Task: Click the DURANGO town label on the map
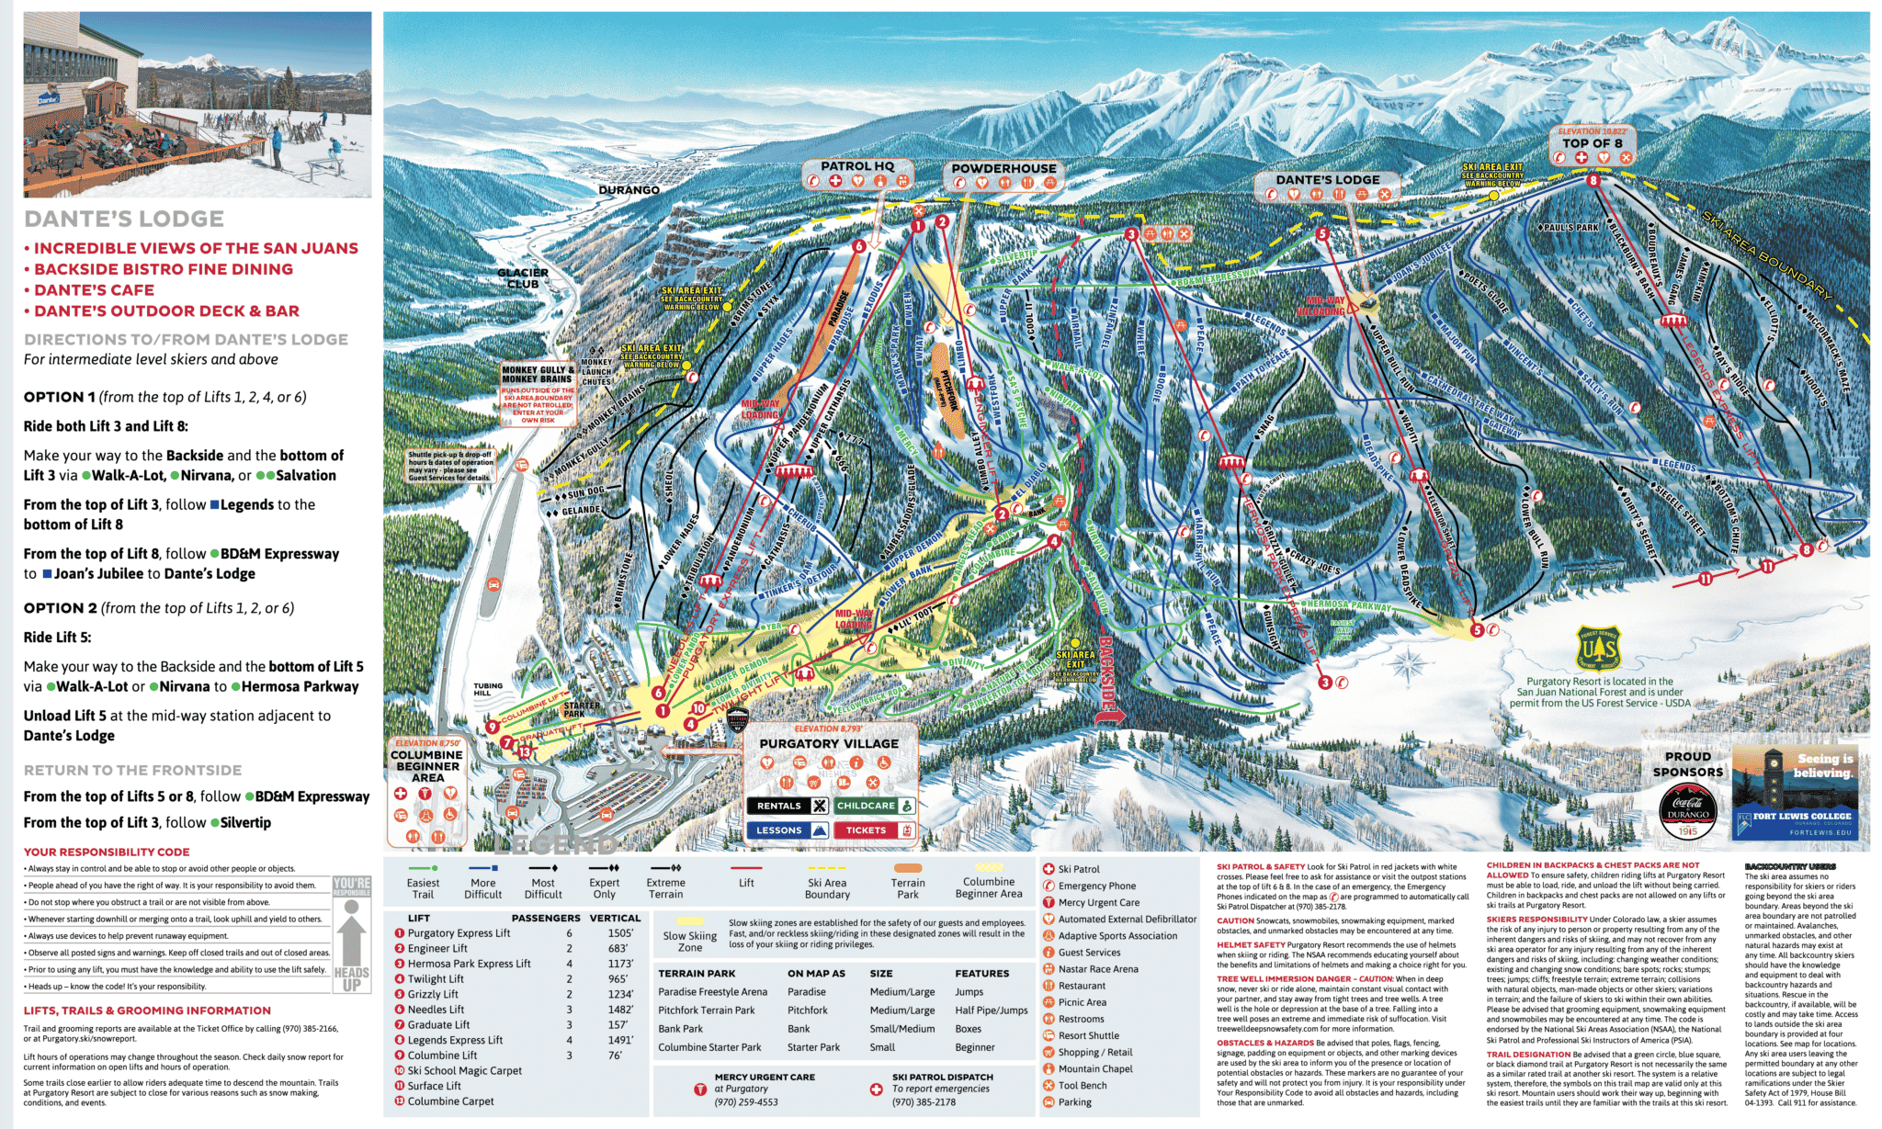click(x=629, y=190)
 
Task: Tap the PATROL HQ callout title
click(x=856, y=166)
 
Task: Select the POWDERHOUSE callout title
click(x=1003, y=169)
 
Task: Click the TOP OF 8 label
click(x=1592, y=143)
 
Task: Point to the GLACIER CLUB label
click(x=523, y=278)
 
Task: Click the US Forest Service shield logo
click(x=1599, y=649)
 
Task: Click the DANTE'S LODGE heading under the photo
click(x=124, y=219)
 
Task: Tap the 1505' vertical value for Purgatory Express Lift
click(x=619, y=933)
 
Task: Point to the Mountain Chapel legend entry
click(x=1094, y=1069)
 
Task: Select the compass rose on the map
click(x=1407, y=665)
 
